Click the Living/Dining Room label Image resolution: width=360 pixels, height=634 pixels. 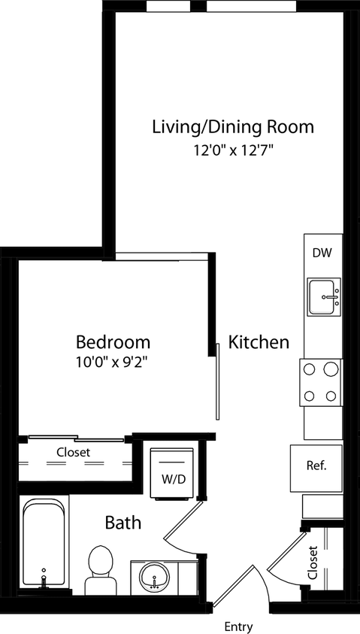coord(233,126)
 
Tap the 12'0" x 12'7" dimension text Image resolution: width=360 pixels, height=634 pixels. coord(233,150)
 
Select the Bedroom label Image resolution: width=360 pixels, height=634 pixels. coord(113,342)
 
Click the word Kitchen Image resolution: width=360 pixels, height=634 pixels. coord(259,343)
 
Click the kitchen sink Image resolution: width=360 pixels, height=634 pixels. coord(324,296)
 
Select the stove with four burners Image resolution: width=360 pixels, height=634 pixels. coord(322,382)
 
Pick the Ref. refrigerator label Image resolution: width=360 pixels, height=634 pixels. coord(316,466)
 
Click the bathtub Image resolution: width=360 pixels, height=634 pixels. coord(42,543)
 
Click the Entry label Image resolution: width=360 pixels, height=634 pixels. coord(238,626)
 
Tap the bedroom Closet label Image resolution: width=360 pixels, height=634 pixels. coord(74,453)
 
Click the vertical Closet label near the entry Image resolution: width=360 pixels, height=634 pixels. coord(313,563)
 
